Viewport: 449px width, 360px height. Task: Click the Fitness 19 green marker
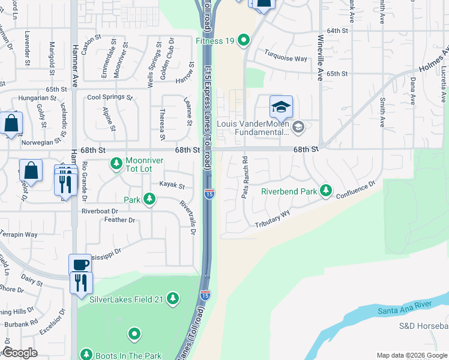244,41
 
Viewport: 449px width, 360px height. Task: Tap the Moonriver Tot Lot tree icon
116,163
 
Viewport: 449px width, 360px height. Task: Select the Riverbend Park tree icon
326,190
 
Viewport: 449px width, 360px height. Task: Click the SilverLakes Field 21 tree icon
173,298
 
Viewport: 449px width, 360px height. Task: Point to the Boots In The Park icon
86,355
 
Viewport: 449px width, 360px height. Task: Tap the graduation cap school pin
281,107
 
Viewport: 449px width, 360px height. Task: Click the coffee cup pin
80,265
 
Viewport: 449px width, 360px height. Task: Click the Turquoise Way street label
287,59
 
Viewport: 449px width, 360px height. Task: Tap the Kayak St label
172,186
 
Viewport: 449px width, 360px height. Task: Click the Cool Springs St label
109,97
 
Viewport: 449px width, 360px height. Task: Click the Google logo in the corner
20,353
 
